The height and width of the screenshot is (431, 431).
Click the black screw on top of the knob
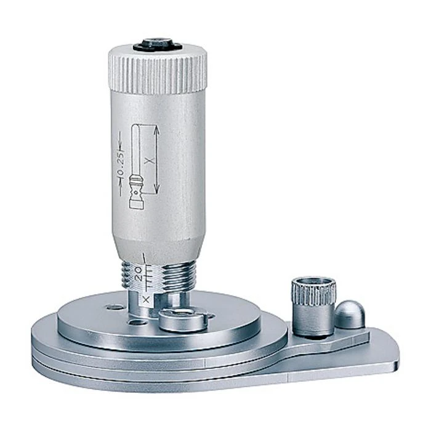pos(158,45)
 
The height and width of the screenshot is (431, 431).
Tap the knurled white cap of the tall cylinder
pos(158,71)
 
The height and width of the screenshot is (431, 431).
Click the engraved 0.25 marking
pos(121,164)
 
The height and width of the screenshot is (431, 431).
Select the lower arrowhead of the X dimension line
pos(156,188)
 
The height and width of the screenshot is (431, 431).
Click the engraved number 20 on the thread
pos(139,273)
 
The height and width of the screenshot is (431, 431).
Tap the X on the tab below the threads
pos(147,300)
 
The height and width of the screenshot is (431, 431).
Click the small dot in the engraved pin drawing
pos(135,193)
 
